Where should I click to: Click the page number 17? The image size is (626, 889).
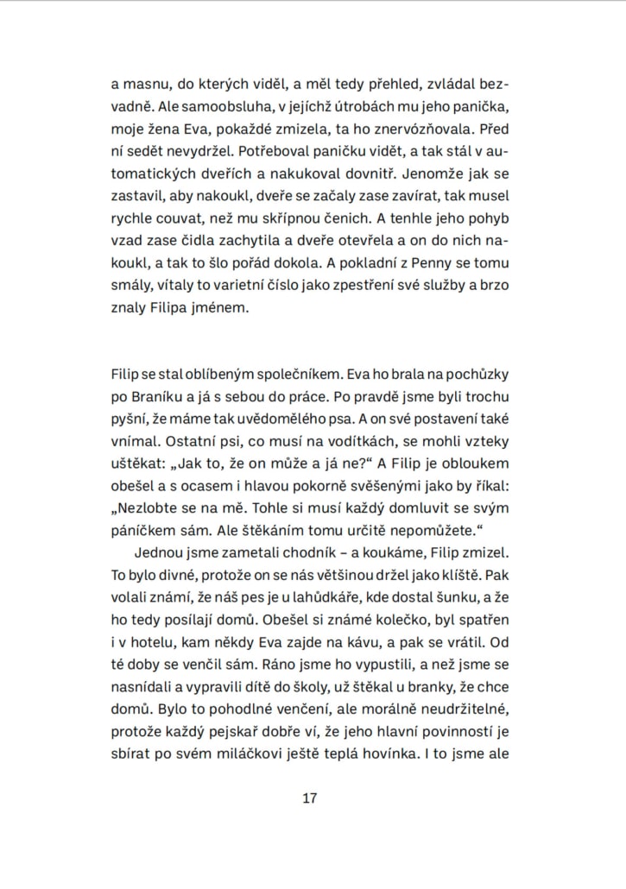[311, 798]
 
